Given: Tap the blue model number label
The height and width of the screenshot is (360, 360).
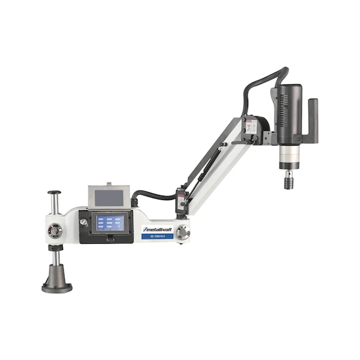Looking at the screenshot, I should pos(156,236).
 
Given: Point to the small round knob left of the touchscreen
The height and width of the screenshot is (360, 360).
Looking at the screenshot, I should pos(83,222).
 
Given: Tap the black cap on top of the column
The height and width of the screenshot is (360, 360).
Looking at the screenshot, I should pos(54,192).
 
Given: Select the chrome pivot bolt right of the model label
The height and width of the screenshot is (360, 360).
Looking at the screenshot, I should pos(182,232).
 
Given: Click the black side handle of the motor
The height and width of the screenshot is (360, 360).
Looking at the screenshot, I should pos(312,122).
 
